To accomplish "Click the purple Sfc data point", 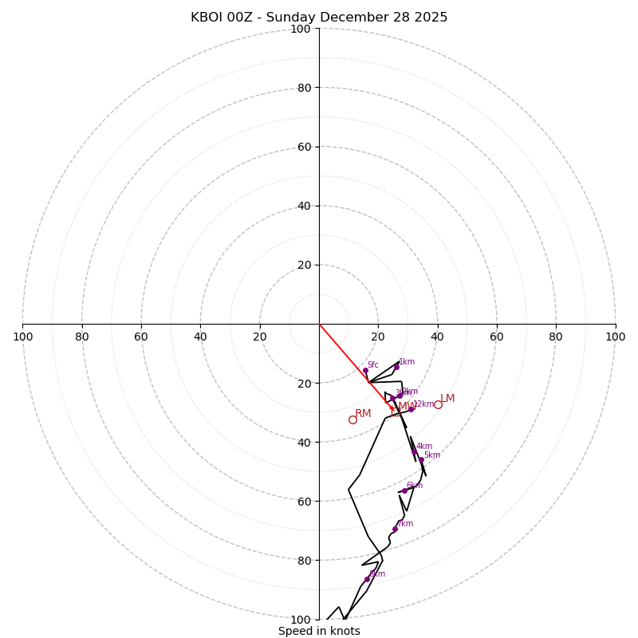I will [x=365, y=370].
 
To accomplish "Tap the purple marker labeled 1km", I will [x=396, y=367].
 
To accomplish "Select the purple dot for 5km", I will [x=421, y=460].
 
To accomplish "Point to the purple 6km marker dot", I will [x=404, y=490].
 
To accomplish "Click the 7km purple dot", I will [x=395, y=529].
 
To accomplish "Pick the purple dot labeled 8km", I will [x=367, y=579].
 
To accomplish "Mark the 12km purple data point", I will [x=412, y=409].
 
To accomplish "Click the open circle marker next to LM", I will [x=438, y=404].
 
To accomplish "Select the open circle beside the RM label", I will [x=352, y=419].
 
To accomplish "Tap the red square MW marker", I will [x=396, y=412].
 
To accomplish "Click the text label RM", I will [x=363, y=413].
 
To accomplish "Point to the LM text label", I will [x=447, y=398].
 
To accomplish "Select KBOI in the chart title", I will [x=207, y=18].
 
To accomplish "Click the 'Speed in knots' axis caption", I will [x=319, y=631].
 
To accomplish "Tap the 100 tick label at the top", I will [x=301, y=29].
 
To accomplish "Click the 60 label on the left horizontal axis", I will [x=141, y=337].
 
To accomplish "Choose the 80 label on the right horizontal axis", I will [x=556, y=337].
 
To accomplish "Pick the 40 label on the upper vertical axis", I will [x=303, y=206].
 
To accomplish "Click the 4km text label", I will [x=424, y=447].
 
